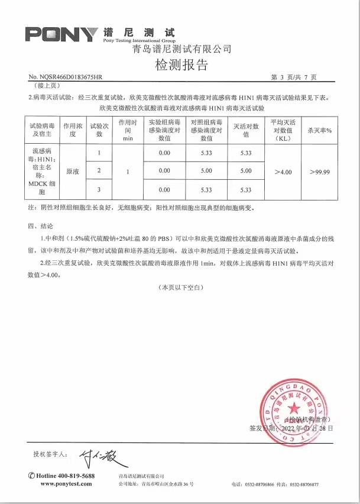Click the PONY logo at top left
[61, 34]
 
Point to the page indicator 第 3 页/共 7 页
[294, 77]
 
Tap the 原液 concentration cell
[72, 172]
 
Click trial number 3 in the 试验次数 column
[99, 190]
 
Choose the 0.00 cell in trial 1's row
[164, 153]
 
